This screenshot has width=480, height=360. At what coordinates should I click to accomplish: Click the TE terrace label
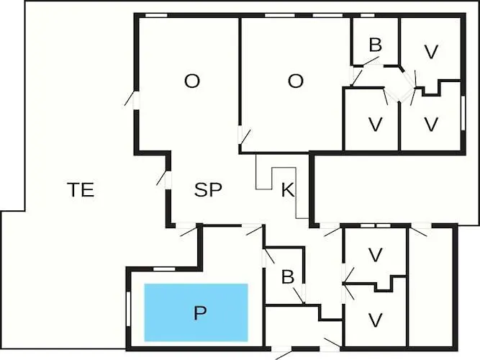pos(81,190)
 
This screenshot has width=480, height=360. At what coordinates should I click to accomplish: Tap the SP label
pos(208,190)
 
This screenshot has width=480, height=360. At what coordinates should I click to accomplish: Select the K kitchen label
pos(287,191)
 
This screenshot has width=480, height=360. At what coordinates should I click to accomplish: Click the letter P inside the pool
pos(200,313)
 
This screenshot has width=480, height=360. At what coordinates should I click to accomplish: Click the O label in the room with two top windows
pos(296,81)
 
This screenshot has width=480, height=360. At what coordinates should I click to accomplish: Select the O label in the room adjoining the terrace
pos(191,81)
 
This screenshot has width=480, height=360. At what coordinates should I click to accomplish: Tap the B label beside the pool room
pos(287,277)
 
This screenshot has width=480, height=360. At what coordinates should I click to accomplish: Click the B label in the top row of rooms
pos(375,45)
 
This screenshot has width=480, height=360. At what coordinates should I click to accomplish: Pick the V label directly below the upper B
pos(375,124)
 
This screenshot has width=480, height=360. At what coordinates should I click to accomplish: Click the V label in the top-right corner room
pos(431,52)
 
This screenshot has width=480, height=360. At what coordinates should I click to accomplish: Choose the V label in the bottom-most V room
pos(375,320)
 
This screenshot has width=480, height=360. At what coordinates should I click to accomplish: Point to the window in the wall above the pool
pos(164,269)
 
